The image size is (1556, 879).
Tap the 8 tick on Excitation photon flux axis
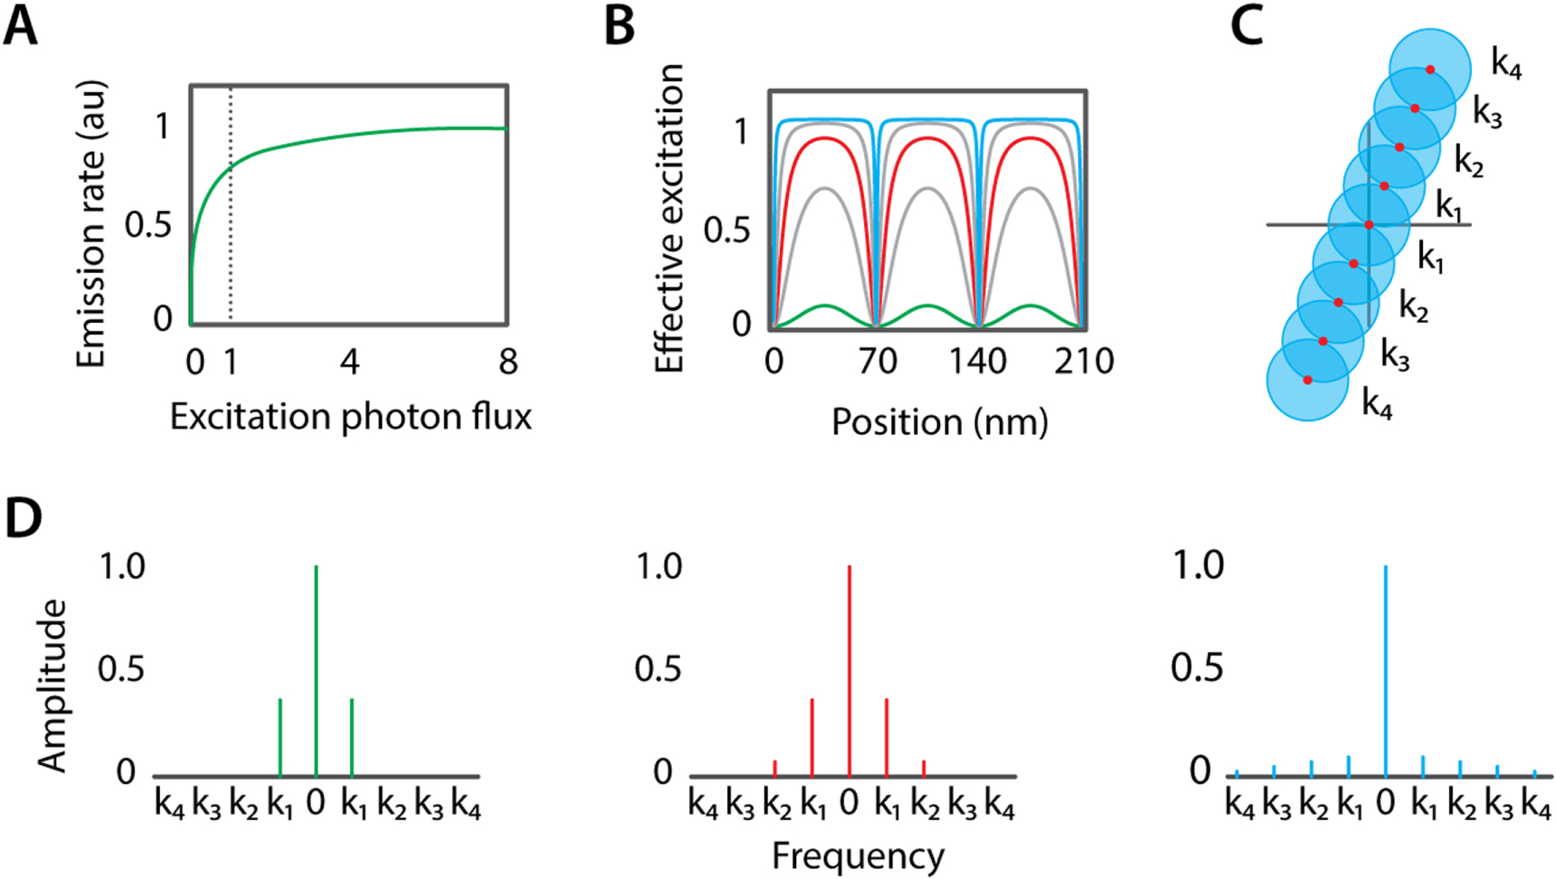tap(508, 362)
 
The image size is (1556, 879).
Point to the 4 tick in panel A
tap(349, 362)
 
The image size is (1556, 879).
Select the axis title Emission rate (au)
tap(91, 224)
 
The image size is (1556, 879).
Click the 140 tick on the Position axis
tap(978, 362)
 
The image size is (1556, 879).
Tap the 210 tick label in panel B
tap(1084, 362)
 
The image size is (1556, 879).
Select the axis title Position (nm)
tap(939, 422)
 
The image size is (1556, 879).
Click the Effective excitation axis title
tap(669, 219)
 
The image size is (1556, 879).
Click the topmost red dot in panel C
tap(1430, 70)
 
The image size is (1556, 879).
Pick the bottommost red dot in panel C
tap(1307, 380)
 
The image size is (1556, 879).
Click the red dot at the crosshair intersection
tap(1369, 224)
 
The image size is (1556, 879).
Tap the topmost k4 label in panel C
tap(1506, 65)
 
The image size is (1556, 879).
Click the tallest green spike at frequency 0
tap(316, 669)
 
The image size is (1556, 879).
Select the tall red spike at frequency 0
tap(849, 669)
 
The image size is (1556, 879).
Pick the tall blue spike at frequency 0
tap(1386, 669)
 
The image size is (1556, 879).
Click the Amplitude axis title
tap(53, 685)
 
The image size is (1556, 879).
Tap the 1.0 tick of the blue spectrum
tap(1198, 566)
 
